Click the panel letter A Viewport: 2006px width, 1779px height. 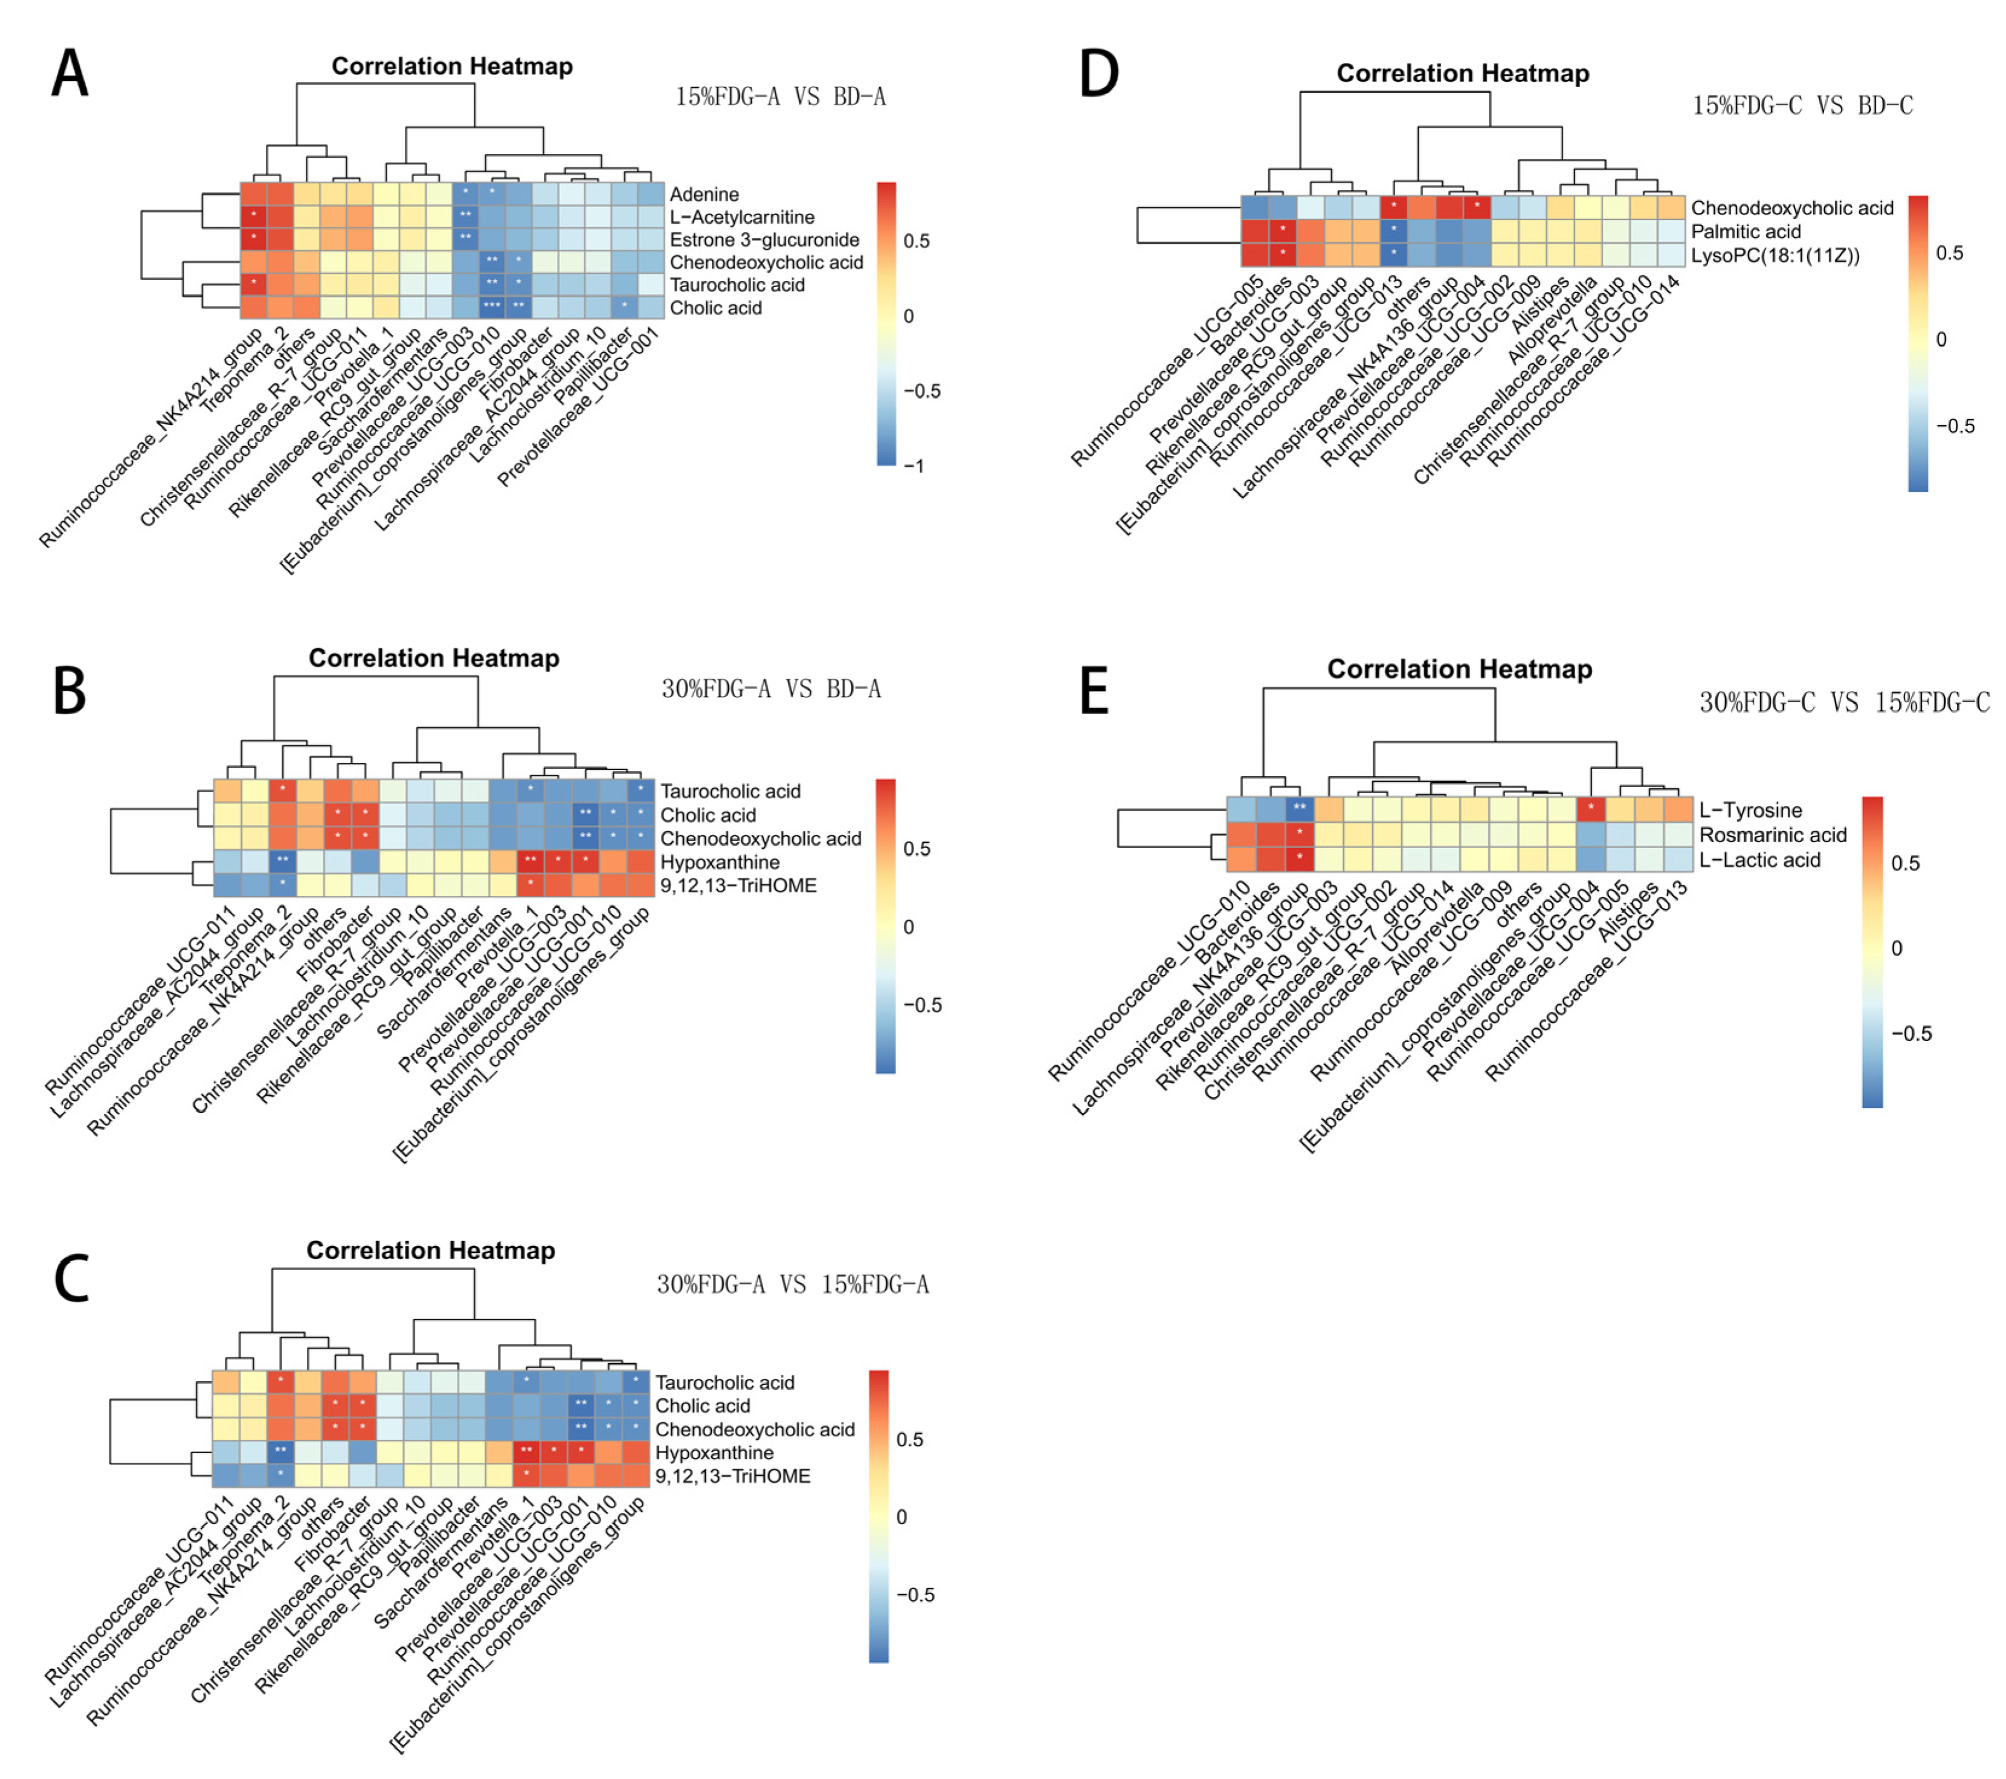click(x=69, y=74)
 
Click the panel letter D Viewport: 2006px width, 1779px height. click(x=1098, y=74)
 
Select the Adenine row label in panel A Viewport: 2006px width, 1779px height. click(x=704, y=195)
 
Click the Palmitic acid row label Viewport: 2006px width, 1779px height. click(x=1746, y=232)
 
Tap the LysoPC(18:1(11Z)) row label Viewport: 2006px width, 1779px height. click(x=1775, y=255)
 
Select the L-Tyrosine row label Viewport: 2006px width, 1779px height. click(x=1751, y=810)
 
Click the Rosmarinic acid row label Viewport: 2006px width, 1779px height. click(x=1772, y=835)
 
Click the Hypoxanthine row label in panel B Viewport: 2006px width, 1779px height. click(x=720, y=862)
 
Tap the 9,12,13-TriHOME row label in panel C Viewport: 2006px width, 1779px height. click(x=732, y=1476)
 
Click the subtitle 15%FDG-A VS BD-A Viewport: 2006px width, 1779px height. click(x=780, y=96)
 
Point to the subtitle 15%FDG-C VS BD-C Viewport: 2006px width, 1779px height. click(x=1802, y=105)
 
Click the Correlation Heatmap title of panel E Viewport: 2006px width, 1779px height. click(x=1459, y=670)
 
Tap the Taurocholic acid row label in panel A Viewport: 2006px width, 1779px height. click(x=737, y=285)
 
